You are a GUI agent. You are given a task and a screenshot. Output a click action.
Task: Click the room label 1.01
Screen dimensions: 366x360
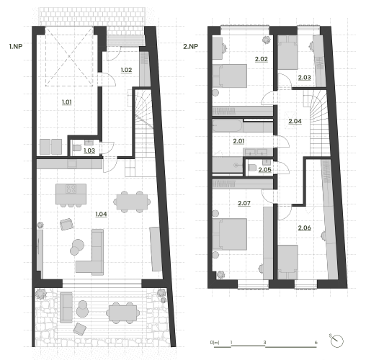tap(67, 102)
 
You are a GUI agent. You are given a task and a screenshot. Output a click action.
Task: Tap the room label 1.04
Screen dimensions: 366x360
tap(101, 214)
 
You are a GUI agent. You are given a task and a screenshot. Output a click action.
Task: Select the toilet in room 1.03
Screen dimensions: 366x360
tap(77, 148)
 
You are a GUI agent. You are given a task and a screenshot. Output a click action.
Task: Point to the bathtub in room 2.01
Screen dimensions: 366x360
tap(228, 126)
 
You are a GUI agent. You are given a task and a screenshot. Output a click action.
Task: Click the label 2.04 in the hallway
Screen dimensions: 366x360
tap(295, 121)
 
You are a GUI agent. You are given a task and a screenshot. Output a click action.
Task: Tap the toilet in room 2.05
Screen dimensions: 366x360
tap(252, 167)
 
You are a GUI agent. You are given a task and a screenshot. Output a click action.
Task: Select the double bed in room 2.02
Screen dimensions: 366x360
tap(230, 76)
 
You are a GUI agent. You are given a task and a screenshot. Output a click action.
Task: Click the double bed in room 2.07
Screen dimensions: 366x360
tap(230, 234)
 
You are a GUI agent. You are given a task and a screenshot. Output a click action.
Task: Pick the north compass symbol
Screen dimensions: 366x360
tap(336, 341)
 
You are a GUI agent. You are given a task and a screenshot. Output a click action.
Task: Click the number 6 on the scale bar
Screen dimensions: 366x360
tap(316, 343)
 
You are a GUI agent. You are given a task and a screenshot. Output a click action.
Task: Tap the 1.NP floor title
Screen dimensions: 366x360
tap(16, 46)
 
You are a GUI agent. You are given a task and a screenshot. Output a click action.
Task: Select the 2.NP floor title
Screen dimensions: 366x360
tap(191, 46)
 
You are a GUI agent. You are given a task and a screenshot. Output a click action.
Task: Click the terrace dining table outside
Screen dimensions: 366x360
tap(123, 313)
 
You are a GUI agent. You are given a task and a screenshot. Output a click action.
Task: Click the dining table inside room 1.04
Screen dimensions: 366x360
tap(132, 202)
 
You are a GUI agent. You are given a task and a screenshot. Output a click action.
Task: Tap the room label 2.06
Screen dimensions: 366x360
tap(305, 228)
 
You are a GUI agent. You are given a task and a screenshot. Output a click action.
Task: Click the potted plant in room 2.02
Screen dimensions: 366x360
tap(266, 40)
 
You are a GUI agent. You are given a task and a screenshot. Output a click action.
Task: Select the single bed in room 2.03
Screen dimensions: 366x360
tap(288, 53)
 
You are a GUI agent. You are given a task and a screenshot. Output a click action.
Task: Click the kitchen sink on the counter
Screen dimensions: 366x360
tap(72, 164)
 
